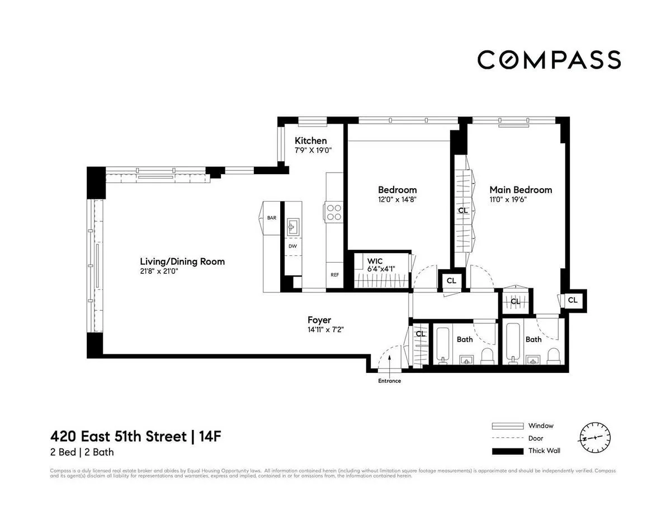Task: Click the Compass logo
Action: tap(549, 59)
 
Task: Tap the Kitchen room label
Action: tap(311, 141)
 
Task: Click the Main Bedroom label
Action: tap(521, 190)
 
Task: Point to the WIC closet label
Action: tap(375, 261)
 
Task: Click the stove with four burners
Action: tap(334, 212)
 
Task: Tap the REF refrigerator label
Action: tap(334, 275)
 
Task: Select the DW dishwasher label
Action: tap(292, 246)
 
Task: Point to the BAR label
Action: tap(272, 218)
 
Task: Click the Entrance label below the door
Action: tap(389, 381)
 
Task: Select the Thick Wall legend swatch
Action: tap(507, 451)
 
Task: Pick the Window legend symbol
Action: tap(507, 426)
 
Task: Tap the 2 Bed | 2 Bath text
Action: tap(82, 452)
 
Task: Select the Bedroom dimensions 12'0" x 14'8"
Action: tap(397, 199)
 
